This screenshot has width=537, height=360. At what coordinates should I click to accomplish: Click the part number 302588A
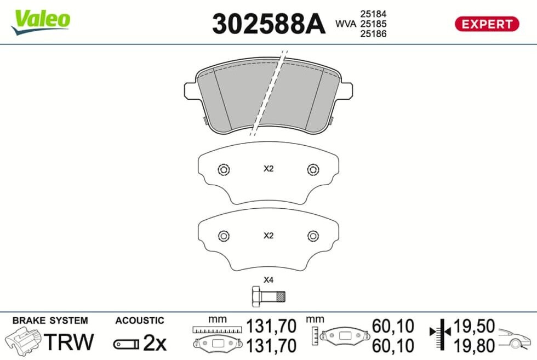[268, 24]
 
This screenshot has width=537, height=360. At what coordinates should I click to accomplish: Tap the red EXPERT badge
[487, 24]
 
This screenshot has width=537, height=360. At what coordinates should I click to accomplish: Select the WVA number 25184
[373, 14]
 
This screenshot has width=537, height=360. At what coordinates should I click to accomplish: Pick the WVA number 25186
[373, 33]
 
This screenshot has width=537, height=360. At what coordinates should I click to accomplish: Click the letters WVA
[346, 24]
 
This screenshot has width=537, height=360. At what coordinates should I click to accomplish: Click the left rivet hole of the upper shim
[224, 169]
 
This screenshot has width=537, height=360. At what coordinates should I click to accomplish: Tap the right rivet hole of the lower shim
[313, 236]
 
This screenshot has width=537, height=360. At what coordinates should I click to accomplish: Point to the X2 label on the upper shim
[268, 169]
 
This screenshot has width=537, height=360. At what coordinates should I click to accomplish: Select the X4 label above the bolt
[268, 280]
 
